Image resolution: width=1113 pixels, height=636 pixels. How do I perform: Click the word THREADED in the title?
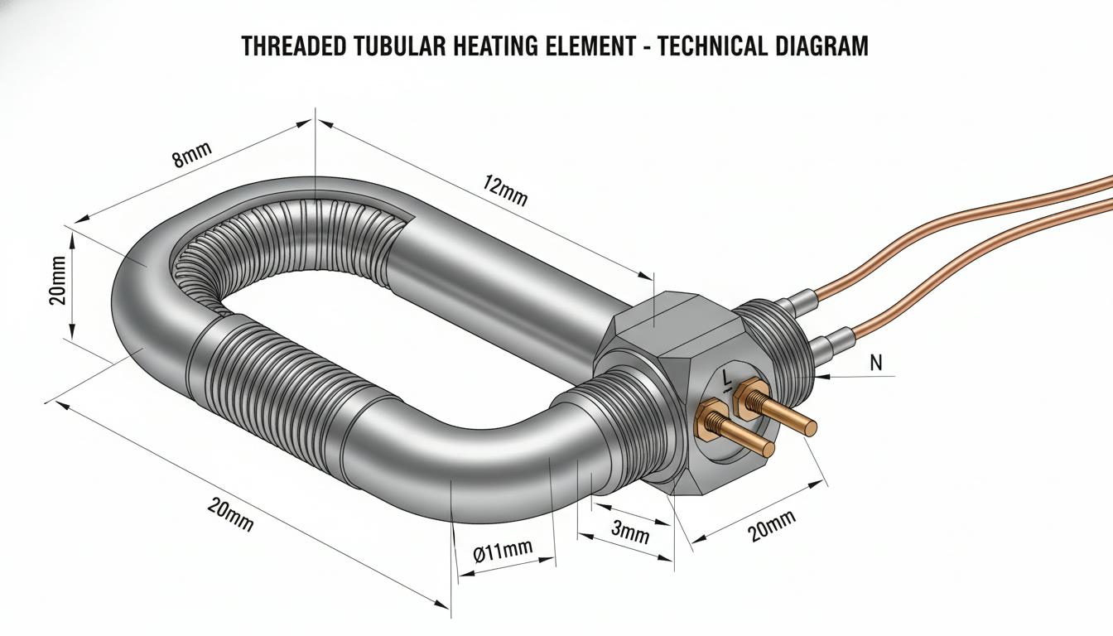pyautogui.click(x=294, y=46)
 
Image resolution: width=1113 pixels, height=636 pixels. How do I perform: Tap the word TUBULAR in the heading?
pyautogui.click(x=400, y=46)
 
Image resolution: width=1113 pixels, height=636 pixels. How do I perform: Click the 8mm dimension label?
pyautogui.click(x=192, y=155)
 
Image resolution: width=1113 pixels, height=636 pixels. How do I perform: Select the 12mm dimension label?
pyautogui.click(x=504, y=190)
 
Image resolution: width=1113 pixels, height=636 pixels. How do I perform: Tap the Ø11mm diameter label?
pyautogui.click(x=503, y=551)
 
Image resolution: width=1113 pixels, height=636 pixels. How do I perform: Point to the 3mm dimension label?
pyautogui.click(x=630, y=532)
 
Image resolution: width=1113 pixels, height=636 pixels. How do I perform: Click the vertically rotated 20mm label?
pyautogui.click(x=58, y=281)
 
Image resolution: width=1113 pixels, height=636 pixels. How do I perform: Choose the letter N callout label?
pyautogui.click(x=876, y=364)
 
